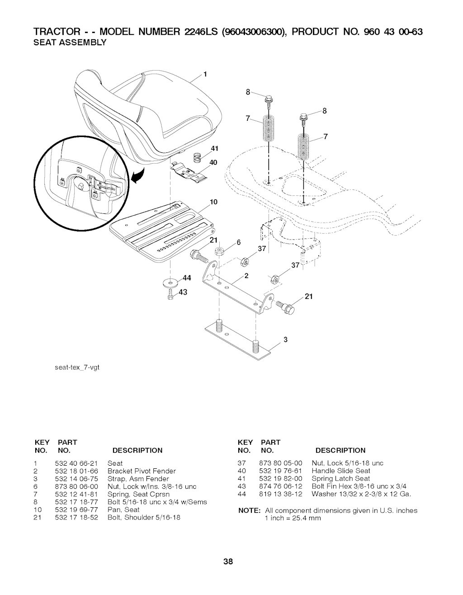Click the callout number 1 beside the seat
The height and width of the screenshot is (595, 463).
tap(205, 74)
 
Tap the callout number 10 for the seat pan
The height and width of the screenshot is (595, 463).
tap(213, 202)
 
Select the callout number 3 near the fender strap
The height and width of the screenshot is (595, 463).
tap(286, 340)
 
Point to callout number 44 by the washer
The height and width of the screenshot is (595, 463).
tap(187, 278)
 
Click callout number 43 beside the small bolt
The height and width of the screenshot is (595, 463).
tap(183, 293)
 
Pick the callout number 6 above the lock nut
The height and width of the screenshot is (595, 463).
tap(239, 242)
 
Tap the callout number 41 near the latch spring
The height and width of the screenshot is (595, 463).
tap(215, 148)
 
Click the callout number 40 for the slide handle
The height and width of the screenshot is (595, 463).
tap(213, 163)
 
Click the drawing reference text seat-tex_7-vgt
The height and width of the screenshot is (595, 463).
tap(77, 368)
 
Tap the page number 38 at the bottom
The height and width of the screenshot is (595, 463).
tap(228, 562)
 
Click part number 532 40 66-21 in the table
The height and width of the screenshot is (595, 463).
tap(76, 463)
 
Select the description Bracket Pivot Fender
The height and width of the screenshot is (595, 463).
tap(142, 471)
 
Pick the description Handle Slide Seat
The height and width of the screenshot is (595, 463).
tap(341, 471)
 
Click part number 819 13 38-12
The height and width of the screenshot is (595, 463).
tap(281, 494)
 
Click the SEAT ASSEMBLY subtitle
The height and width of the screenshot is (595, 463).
tap(70, 42)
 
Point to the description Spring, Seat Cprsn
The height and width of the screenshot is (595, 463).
tap(138, 494)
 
